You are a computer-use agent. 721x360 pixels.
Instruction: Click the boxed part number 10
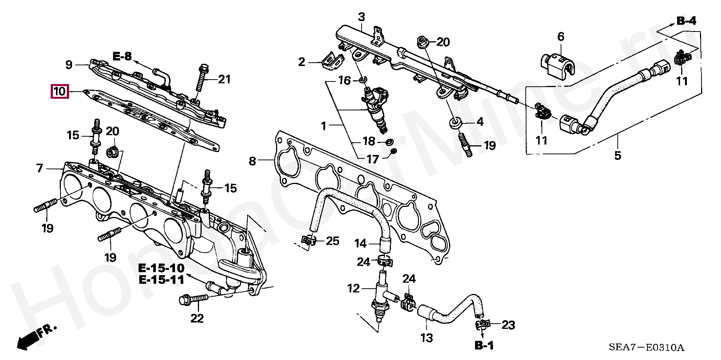click(x=60, y=91)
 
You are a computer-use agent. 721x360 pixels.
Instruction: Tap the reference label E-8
click(x=122, y=57)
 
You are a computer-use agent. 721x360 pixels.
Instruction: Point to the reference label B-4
click(x=686, y=21)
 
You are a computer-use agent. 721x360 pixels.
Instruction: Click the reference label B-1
click(x=484, y=345)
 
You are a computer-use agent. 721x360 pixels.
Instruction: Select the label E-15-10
click(x=161, y=268)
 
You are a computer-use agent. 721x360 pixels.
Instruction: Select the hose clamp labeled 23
click(x=482, y=325)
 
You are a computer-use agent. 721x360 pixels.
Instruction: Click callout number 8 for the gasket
click(x=252, y=161)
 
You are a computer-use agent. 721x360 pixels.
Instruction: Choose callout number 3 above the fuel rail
click(x=361, y=17)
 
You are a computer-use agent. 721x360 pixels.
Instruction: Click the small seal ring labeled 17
click(x=394, y=151)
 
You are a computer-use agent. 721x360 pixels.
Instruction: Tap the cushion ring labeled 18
click(x=389, y=142)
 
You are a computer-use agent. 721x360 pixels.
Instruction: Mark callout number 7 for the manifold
click(x=40, y=168)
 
